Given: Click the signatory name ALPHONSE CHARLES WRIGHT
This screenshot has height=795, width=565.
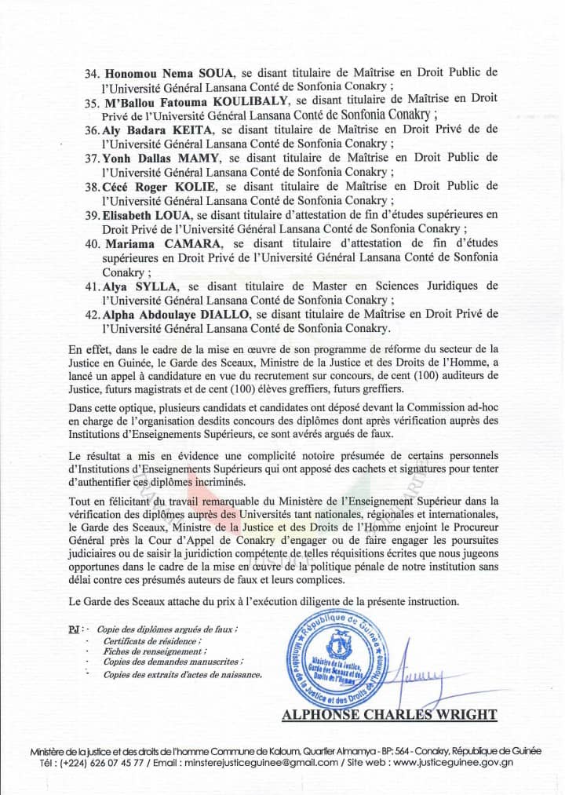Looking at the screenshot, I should coord(389,714).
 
